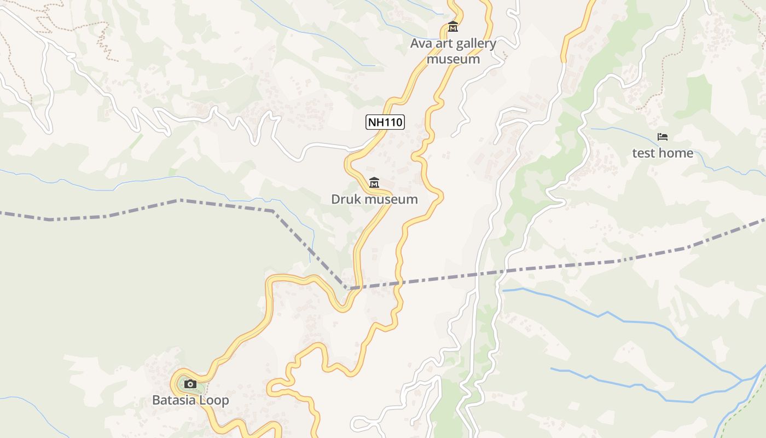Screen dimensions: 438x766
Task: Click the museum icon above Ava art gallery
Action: coord(453,26)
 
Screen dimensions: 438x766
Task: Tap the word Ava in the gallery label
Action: coord(422,44)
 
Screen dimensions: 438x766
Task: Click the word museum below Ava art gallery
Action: coord(453,59)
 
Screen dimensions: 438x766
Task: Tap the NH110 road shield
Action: coord(385,122)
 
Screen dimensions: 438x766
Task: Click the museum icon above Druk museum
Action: coord(374,182)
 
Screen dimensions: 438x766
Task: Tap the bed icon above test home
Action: coord(663,136)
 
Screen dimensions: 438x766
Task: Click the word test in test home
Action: coord(643,153)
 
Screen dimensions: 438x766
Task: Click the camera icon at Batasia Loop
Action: coord(190,384)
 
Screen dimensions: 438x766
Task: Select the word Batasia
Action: coord(174,400)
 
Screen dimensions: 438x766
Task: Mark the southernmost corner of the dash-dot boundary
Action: coord(347,288)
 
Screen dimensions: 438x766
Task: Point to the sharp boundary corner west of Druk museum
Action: coord(274,211)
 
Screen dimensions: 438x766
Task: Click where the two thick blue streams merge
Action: coord(742,379)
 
